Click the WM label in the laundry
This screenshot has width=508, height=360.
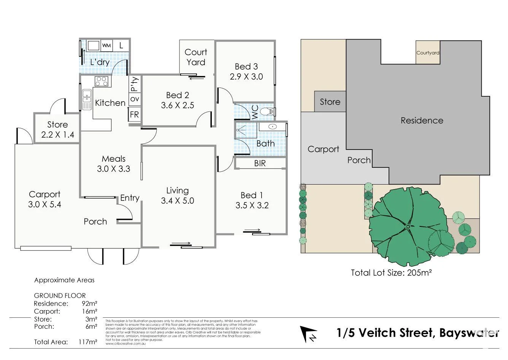point(106,46)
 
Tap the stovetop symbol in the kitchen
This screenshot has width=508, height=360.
point(102,81)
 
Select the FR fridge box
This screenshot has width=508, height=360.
point(134,114)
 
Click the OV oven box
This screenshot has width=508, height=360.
point(135,99)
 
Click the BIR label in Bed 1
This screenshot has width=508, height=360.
point(260,163)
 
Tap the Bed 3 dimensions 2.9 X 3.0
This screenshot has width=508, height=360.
point(246,76)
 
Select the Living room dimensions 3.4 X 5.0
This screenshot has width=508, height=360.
point(177,201)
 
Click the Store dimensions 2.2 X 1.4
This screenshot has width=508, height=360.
point(57,134)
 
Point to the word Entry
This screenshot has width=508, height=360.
point(130,198)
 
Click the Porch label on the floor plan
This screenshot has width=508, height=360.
point(95,221)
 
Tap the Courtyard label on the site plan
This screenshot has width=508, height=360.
point(428,53)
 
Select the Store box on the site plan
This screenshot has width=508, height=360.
point(330,102)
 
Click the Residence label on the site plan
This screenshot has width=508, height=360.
point(422,121)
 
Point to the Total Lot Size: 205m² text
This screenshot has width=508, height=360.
point(391,272)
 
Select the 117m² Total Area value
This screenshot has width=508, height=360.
point(89,342)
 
